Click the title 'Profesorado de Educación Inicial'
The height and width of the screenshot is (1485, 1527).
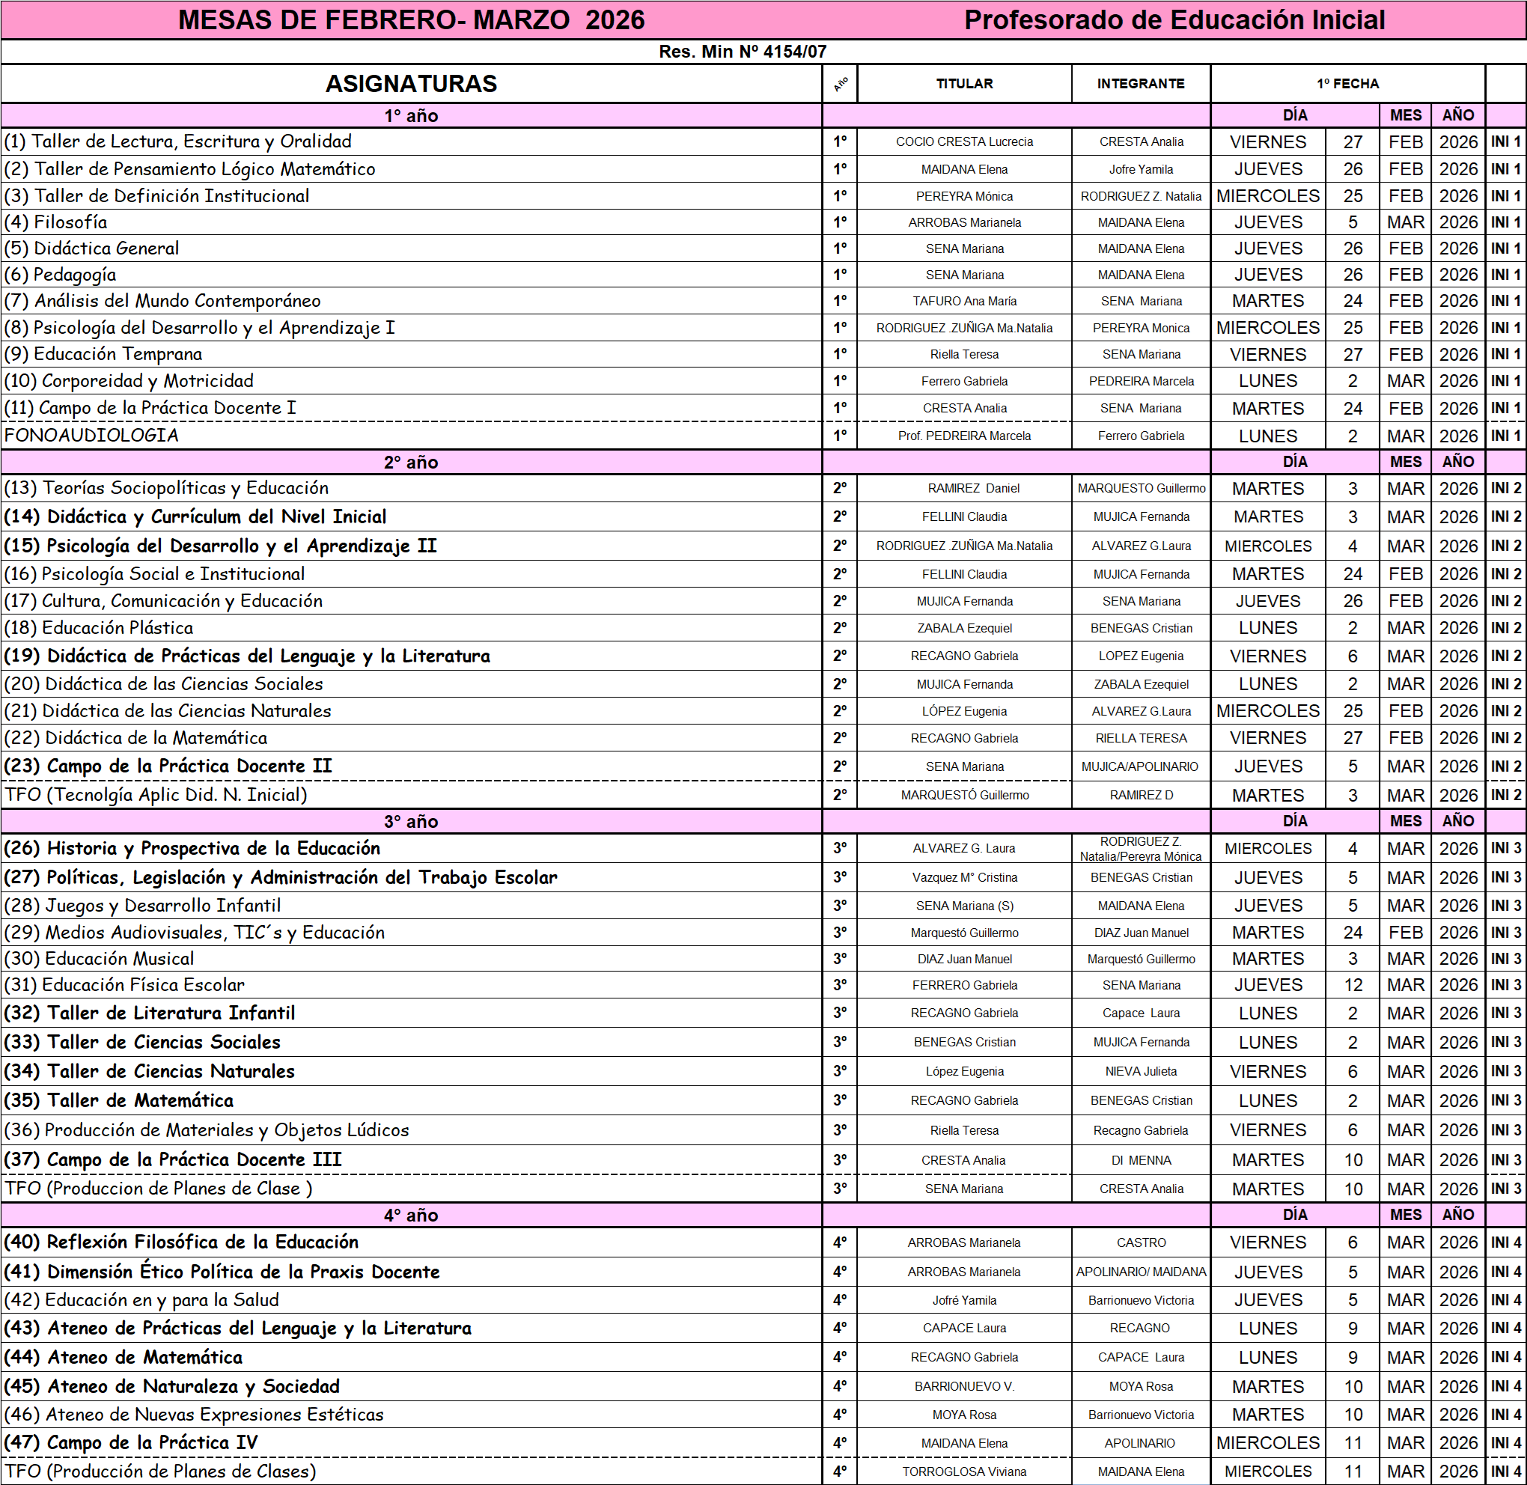(x=1174, y=20)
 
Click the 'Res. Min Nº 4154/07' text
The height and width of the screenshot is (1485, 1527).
(x=742, y=52)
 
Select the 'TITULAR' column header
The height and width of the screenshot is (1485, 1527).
(x=964, y=83)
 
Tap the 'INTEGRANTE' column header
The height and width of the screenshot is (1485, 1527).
(x=1140, y=83)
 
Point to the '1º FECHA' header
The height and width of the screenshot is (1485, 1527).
(x=1347, y=83)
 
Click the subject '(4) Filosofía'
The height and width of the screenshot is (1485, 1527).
(x=56, y=222)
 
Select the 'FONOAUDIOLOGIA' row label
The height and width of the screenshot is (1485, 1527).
(x=91, y=435)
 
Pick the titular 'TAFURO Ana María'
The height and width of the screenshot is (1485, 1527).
(x=964, y=301)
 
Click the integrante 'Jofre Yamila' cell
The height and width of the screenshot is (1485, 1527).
(x=1140, y=169)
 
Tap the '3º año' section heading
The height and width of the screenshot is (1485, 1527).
(x=410, y=821)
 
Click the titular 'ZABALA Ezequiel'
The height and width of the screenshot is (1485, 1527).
(x=964, y=628)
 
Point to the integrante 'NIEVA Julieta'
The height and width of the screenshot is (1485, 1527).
(x=1140, y=1072)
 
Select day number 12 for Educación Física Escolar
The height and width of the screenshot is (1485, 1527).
(x=1353, y=985)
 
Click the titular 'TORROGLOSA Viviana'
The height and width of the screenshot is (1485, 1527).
(x=964, y=1472)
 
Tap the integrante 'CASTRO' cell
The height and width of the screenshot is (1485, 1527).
(x=1140, y=1242)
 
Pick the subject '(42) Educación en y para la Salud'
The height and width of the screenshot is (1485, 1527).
(x=142, y=1300)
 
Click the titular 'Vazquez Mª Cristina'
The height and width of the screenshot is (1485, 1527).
(x=964, y=877)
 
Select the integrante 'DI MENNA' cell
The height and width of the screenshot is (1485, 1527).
(x=1140, y=1161)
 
